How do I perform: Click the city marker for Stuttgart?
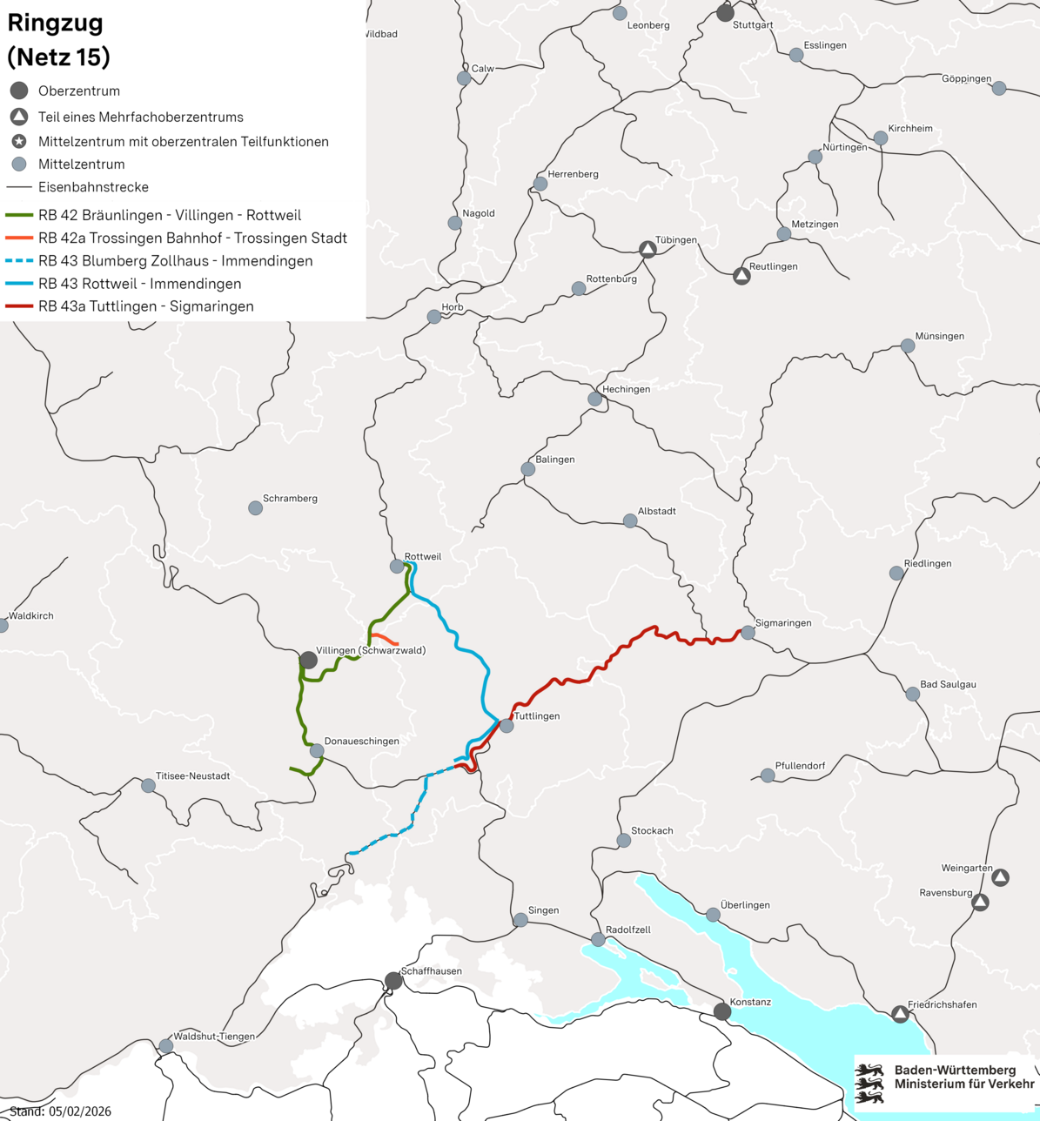pos(725,13)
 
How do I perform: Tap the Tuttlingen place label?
pos(537,716)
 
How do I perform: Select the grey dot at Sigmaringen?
pos(748,633)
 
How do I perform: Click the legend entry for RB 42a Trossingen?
pos(192,238)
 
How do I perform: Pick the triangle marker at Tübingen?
pos(647,250)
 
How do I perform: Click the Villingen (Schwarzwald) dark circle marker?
pos(308,660)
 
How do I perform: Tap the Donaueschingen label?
pos(361,742)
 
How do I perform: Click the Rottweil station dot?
pos(397,567)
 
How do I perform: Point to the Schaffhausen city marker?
pos(393,981)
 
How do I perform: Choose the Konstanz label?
pos(750,1002)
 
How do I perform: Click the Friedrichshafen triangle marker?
pos(900,1014)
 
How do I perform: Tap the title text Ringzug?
pos(55,23)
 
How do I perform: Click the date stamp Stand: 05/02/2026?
pos(60,1111)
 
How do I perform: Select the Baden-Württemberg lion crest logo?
pos(869,1084)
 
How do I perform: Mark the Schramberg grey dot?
pos(255,507)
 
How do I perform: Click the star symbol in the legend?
pos(18,141)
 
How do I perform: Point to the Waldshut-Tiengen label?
pos(214,1037)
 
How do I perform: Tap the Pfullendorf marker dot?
pos(768,775)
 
